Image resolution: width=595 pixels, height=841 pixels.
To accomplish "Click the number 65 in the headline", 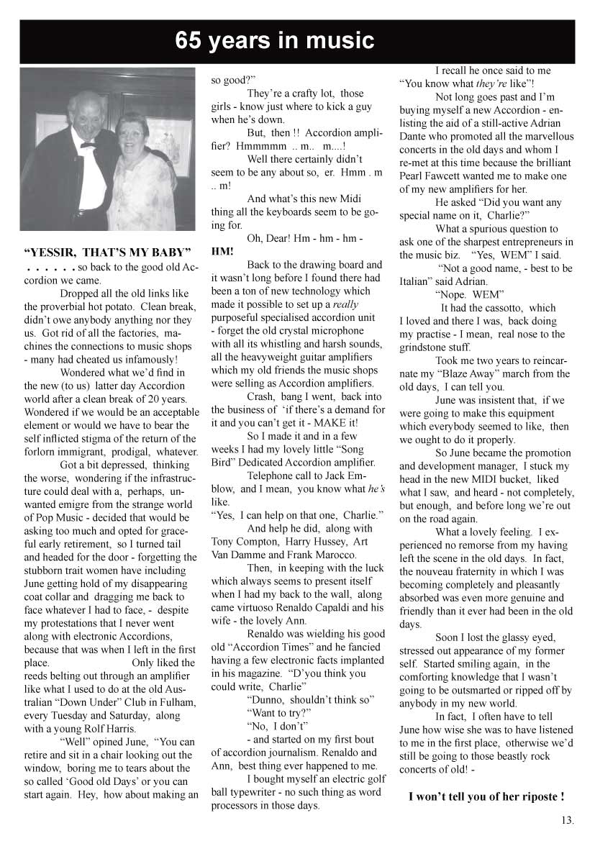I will (190, 41).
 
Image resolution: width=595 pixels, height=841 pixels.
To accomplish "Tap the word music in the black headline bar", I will (338, 41).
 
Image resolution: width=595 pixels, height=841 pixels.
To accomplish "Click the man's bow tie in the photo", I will (88, 144).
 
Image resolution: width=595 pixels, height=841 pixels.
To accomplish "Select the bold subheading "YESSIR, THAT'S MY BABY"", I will (107, 253).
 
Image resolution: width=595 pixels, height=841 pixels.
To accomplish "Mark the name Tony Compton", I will (241, 542).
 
